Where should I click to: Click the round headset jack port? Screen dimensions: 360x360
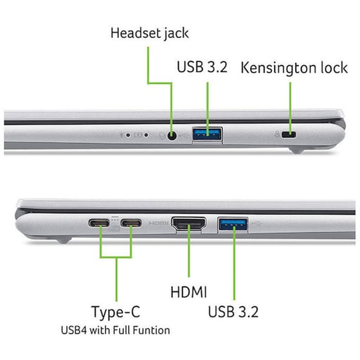[172, 135]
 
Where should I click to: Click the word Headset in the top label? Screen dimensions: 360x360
[132, 32]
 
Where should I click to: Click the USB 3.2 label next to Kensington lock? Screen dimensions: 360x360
[204, 67]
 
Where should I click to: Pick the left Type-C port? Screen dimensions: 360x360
[100, 224]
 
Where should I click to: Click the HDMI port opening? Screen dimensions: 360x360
[188, 224]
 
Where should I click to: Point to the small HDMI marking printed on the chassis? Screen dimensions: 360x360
[158, 224]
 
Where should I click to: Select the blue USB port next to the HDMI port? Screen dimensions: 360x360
[233, 224]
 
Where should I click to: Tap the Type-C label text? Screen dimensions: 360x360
[116, 312]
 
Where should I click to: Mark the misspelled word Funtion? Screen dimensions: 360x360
[152, 330]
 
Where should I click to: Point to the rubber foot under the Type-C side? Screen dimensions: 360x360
[61, 240]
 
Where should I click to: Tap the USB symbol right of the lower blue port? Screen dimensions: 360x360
[258, 224]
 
